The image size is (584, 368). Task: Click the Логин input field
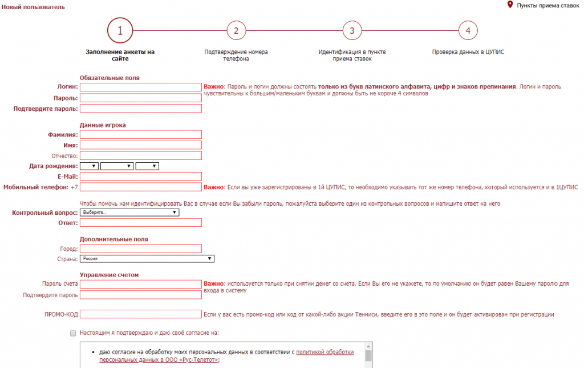point(141,87)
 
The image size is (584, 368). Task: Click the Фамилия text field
point(141,134)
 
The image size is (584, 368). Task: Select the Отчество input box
point(141,155)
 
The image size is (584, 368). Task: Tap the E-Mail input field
point(141,176)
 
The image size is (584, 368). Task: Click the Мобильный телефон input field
point(141,187)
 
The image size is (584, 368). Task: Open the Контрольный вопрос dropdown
point(129,213)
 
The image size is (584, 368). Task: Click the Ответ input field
point(141,222)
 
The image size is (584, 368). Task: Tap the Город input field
point(141,249)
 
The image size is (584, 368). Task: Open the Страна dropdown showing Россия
point(147,259)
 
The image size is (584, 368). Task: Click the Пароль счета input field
point(141,284)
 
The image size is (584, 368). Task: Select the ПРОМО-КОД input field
point(141,314)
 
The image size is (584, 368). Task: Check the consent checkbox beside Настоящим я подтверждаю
point(72,333)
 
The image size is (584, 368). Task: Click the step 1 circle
point(120,31)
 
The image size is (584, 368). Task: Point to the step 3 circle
point(352,31)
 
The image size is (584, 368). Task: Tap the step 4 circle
point(468,31)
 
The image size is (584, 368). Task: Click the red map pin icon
point(510,5)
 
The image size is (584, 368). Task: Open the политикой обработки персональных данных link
point(325,353)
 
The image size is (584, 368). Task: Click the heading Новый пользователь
point(34,7)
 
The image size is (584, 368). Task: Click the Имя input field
point(141,145)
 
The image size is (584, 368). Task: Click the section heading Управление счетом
point(109,275)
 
